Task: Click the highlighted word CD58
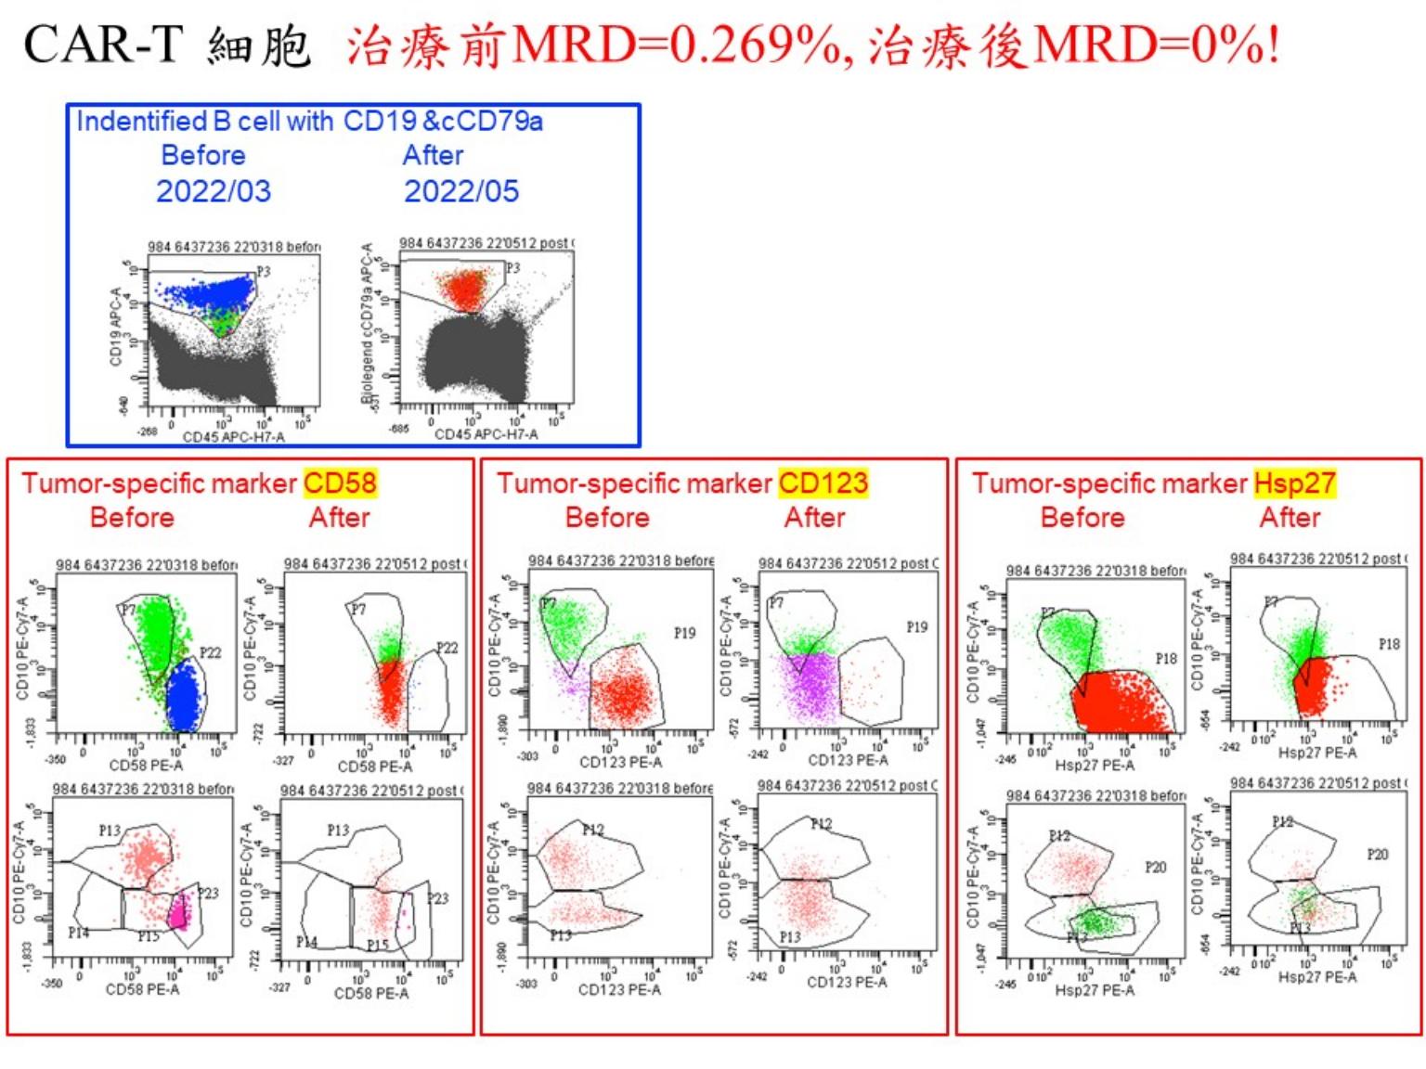[340, 483]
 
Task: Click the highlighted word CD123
[823, 483]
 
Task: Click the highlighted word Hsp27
[1294, 483]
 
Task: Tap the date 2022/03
[214, 191]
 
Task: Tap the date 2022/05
[461, 191]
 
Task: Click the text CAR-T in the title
[102, 45]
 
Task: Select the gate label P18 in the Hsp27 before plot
[1166, 658]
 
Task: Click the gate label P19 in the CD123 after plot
[916, 627]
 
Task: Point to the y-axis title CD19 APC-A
[116, 327]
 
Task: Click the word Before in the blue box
[203, 155]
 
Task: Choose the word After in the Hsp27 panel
[1290, 518]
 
